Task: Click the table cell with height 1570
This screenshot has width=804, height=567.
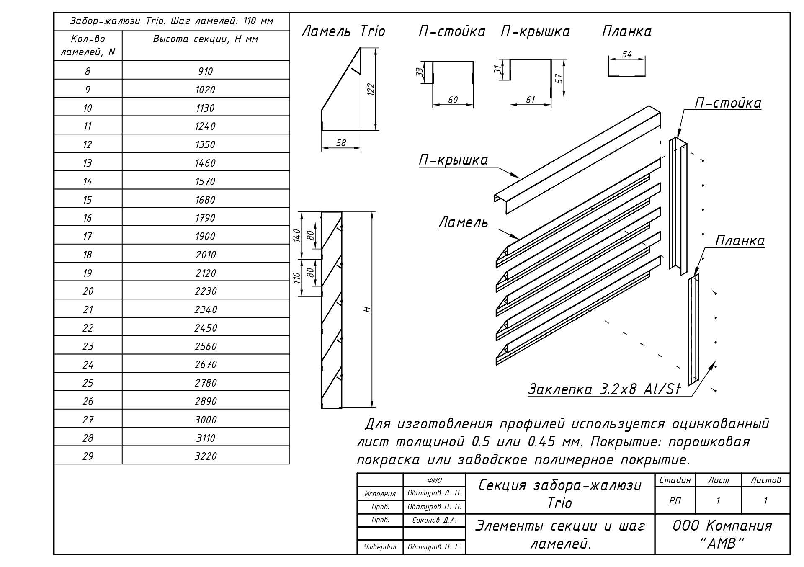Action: [205, 181]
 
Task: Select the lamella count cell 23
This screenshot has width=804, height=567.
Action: [88, 346]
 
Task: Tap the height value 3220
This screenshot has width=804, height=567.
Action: [206, 456]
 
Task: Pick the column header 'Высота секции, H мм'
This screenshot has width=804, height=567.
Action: [205, 39]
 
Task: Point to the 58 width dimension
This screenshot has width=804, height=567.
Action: [341, 143]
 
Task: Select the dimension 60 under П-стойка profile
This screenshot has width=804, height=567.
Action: [453, 100]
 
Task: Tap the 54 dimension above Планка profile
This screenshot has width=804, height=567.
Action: [627, 54]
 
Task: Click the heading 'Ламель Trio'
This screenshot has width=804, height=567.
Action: [343, 31]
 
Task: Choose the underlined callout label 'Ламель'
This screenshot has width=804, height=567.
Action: [463, 222]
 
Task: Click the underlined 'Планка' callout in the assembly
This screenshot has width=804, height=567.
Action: [740, 241]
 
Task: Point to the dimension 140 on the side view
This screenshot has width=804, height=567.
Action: [297, 235]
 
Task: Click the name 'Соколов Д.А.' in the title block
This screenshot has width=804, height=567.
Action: [434, 521]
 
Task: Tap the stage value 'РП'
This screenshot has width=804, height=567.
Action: [675, 500]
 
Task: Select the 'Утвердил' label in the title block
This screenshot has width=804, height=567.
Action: [380, 547]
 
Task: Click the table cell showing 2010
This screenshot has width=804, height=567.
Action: [205, 255]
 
